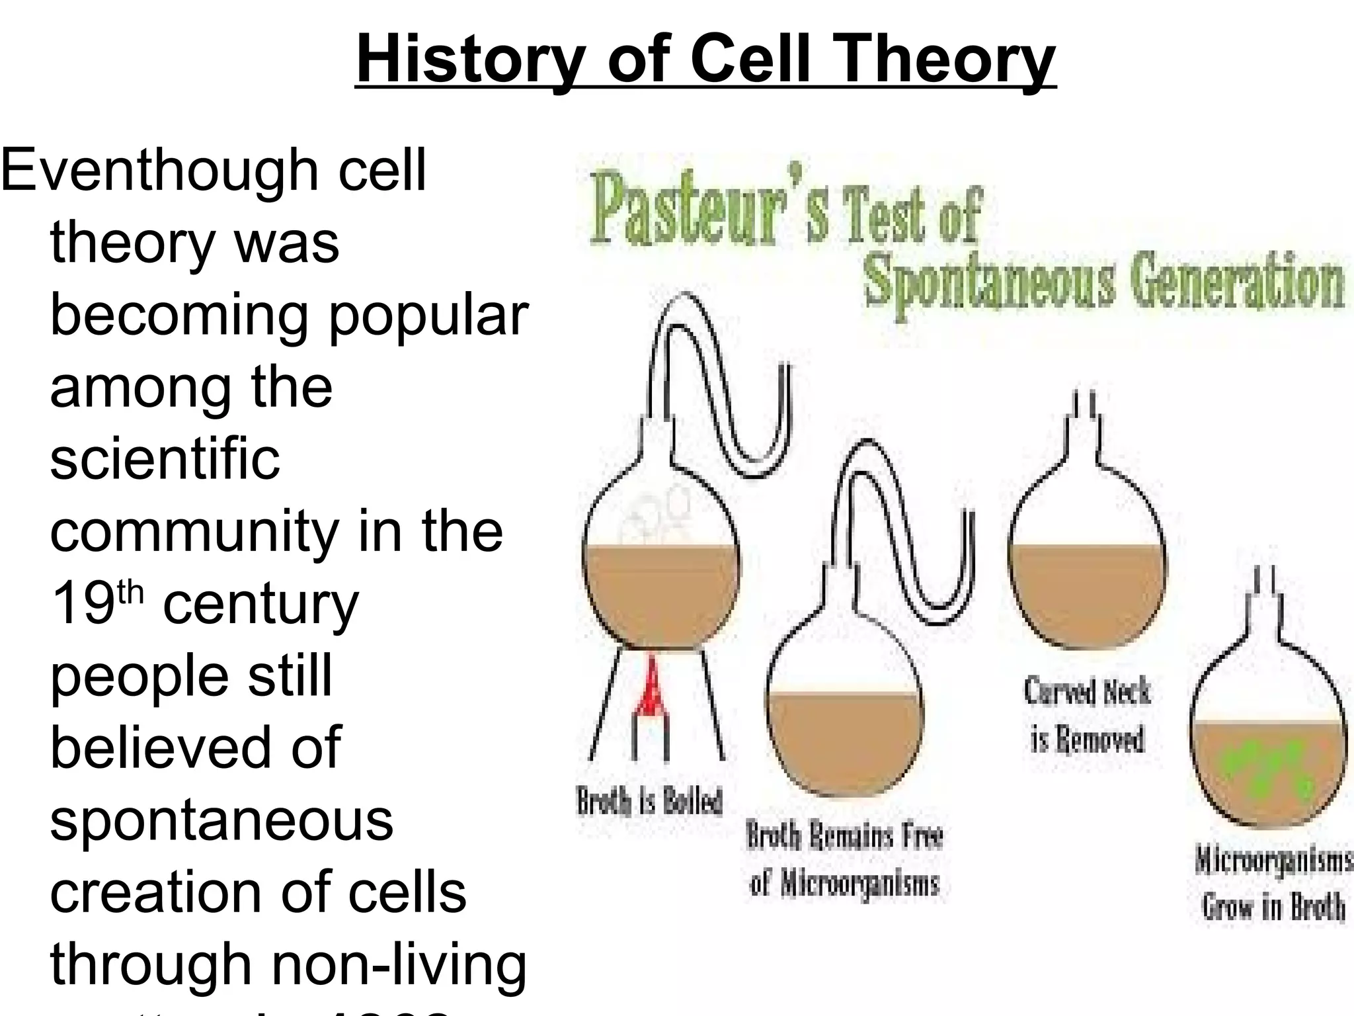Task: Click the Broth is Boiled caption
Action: pyautogui.click(x=650, y=801)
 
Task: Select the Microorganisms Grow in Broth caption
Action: pyautogui.click(x=1273, y=883)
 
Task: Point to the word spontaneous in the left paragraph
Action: pyautogui.click(x=221, y=820)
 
